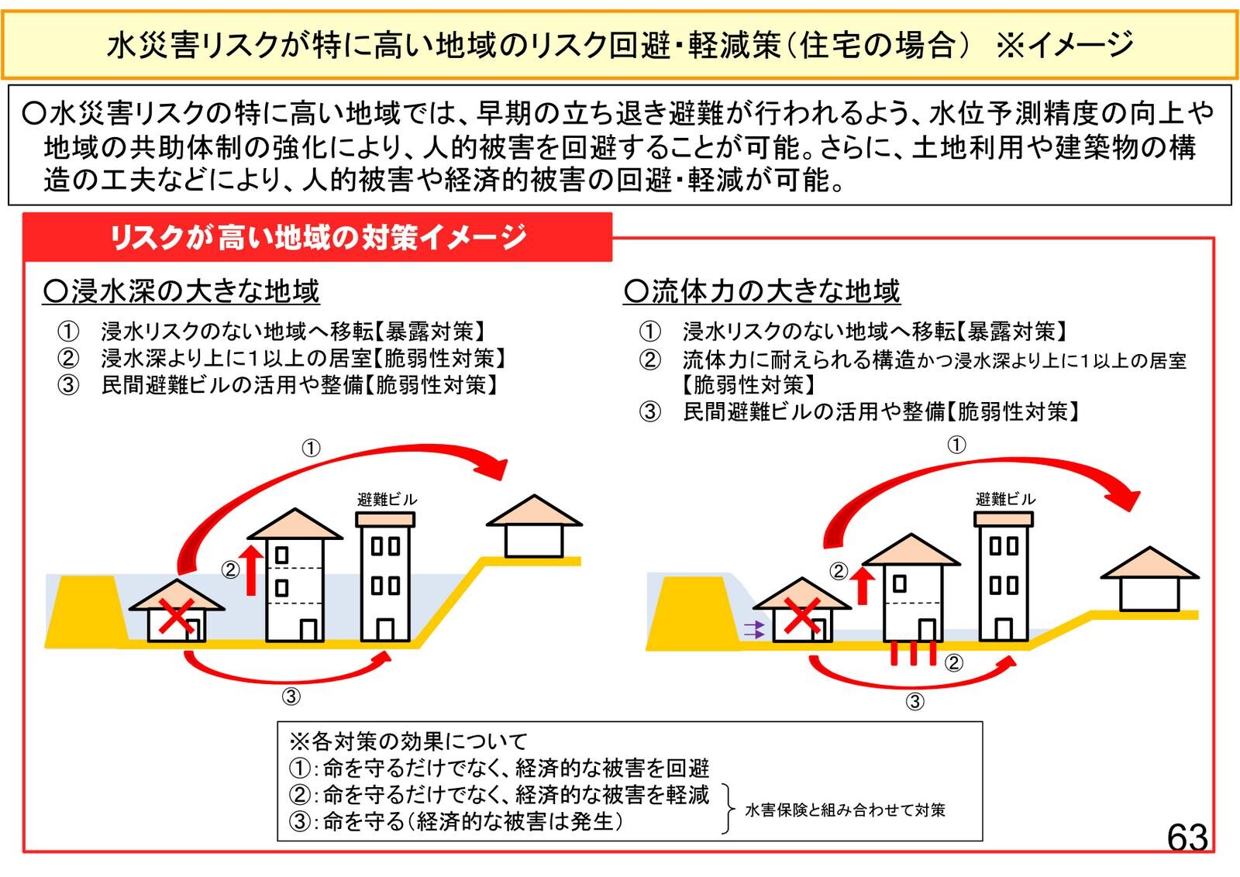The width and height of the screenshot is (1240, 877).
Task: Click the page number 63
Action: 1187,837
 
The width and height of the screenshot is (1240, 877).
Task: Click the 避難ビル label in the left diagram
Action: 387,500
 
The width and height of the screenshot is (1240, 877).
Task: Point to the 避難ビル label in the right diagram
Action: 1004,499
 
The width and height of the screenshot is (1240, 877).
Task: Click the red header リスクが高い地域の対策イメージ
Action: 318,237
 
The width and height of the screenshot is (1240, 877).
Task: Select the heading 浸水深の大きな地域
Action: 181,291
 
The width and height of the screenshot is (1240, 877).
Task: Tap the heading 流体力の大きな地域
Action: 762,291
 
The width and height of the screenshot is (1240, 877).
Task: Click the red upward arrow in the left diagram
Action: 250,569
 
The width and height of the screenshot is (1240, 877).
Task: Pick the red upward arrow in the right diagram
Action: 863,585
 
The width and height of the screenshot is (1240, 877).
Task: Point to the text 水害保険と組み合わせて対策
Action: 845,810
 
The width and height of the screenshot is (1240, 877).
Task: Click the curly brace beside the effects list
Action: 728,807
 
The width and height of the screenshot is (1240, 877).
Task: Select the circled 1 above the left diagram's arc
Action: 310,448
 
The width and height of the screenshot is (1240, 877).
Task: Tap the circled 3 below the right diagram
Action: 915,702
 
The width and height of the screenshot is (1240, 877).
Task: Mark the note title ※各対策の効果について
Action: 408,741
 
